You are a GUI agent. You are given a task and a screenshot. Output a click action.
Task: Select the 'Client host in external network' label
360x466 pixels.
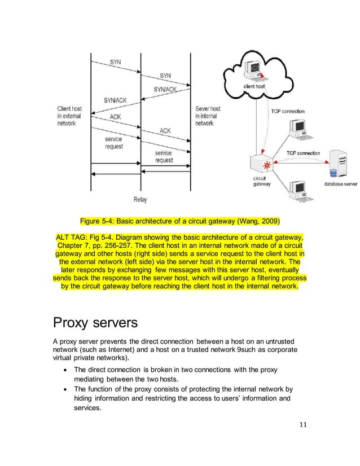pyautogui.click(x=69, y=116)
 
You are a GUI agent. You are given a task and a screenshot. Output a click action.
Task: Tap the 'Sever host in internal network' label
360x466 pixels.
pyautogui.click(x=208, y=116)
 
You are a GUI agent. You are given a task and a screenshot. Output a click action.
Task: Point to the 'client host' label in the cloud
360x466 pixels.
pyautogui.click(x=254, y=86)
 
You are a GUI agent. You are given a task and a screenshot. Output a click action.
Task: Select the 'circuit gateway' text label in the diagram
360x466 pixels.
pyautogui.click(x=261, y=181)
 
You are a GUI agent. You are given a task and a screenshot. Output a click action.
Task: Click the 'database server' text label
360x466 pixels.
pyautogui.click(x=340, y=184)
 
